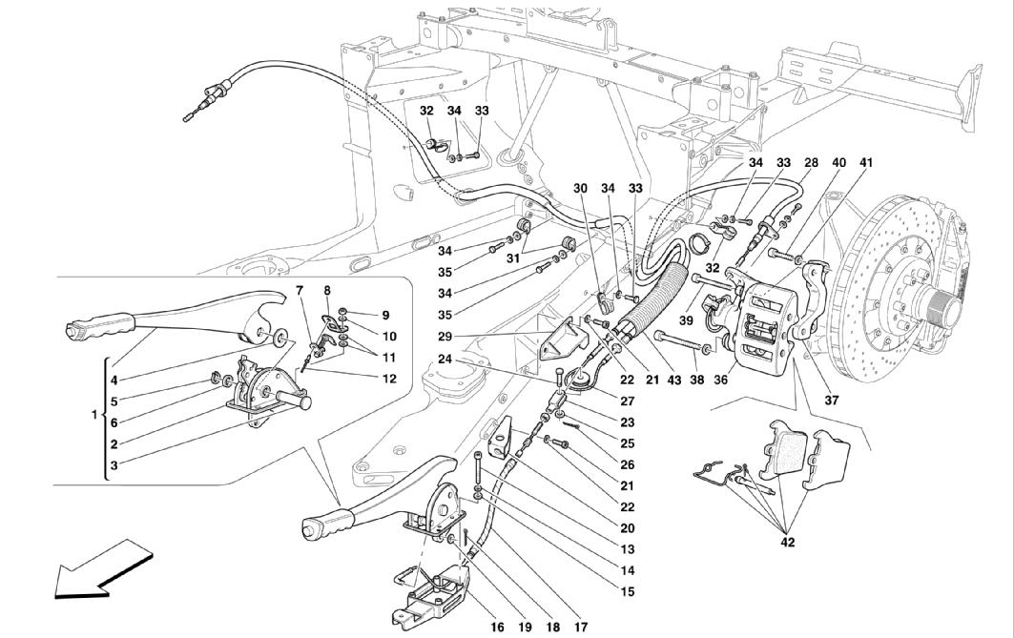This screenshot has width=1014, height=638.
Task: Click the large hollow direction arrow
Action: click(x=95, y=570)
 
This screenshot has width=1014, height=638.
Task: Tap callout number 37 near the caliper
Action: click(x=831, y=401)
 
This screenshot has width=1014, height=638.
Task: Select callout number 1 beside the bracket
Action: click(x=93, y=415)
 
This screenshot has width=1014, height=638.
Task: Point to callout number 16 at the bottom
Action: click(x=497, y=627)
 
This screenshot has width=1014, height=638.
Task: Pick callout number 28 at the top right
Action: click(x=810, y=163)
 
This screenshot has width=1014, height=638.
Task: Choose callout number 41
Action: click(x=865, y=163)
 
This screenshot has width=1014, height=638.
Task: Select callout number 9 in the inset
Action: click(x=385, y=314)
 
